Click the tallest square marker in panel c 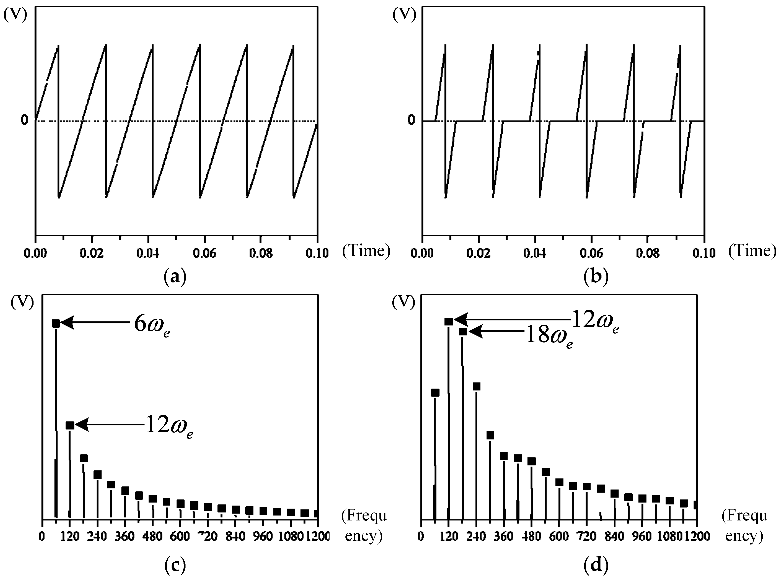point(56,324)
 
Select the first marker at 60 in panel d point(435,393)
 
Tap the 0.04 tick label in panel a point(148,253)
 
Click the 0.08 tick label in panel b point(647,253)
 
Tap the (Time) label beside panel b point(752,251)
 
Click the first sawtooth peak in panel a point(58,46)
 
